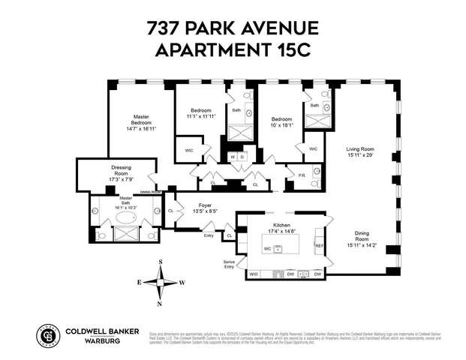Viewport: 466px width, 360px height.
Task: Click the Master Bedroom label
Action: coord(141,120)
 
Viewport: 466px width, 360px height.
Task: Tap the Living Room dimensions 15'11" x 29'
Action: coord(359,154)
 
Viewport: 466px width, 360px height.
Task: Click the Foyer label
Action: coord(205,204)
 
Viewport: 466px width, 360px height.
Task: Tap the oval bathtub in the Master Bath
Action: coord(125,218)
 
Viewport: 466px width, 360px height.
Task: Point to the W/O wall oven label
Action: coord(253,274)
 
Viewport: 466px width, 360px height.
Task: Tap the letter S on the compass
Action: coord(161,262)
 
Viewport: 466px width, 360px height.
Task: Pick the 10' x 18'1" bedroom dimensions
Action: coord(282,124)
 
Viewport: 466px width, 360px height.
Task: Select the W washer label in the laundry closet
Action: coord(232,157)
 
